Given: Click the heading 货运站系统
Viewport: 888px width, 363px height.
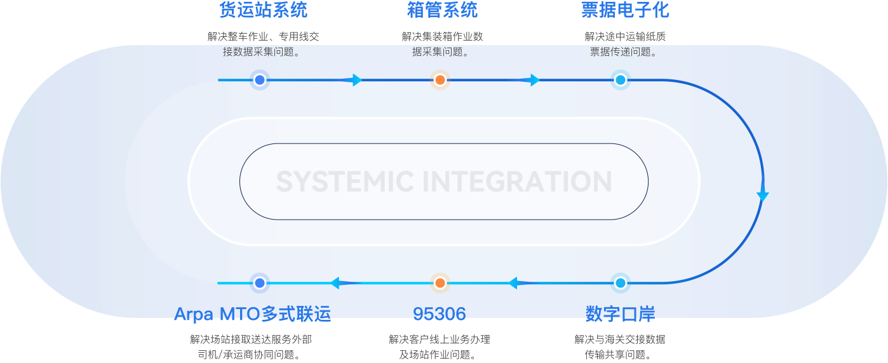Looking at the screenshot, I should (263, 10).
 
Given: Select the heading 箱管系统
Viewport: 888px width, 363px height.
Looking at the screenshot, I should (442, 10).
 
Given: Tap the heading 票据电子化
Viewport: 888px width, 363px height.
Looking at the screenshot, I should (625, 10).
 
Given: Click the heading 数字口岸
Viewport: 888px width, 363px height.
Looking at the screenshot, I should (620, 313).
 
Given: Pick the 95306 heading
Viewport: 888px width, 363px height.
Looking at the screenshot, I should (440, 313).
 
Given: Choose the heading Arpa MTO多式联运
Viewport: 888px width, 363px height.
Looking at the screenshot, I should (252, 313).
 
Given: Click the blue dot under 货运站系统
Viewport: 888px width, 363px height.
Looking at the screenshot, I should (259, 80).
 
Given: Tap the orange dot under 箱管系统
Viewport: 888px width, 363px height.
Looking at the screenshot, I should (440, 80).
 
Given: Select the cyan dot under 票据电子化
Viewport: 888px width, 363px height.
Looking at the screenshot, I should (621, 80).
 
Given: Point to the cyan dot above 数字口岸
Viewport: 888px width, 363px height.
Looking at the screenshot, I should (621, 282).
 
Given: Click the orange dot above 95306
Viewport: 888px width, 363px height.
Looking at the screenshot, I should (440, 282).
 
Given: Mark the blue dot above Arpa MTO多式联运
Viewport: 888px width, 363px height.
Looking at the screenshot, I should (259, 282).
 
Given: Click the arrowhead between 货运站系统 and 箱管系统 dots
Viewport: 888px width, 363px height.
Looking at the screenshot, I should (356, 80).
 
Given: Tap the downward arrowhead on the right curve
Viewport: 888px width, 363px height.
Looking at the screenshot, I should (763, 196).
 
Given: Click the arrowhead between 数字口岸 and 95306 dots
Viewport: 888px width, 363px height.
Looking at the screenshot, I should (513, 282).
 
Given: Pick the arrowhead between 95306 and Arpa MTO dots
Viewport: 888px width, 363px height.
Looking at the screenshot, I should (335, 282).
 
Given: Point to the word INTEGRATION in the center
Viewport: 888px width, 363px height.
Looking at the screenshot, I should (517, 182).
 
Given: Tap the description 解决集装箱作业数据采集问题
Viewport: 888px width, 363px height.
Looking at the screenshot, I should (442, 44).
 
